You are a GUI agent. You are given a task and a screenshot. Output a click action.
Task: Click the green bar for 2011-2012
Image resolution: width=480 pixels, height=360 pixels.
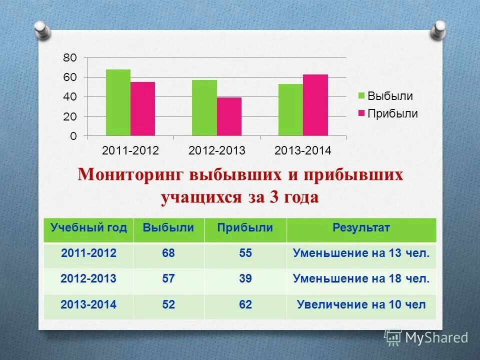(118, 102)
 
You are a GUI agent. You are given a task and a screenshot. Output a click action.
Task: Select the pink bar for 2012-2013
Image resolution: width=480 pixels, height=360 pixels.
(229, 116)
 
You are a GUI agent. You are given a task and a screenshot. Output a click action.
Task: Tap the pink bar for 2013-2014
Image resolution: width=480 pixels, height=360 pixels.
(315, 105)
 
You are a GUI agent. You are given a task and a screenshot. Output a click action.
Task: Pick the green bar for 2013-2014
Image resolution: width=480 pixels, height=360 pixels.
(290, 110)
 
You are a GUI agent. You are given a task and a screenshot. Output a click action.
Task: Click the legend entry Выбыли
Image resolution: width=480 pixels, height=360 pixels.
(385, 96)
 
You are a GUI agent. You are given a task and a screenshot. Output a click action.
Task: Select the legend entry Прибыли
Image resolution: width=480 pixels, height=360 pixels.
(387, 113)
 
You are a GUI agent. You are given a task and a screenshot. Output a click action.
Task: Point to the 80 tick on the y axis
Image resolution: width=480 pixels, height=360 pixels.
(70, 58)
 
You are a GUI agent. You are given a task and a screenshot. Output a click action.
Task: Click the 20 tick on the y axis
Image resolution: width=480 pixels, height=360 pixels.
(70, 116)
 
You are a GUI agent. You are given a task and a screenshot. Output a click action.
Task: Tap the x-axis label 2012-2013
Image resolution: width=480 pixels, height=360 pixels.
(217, 150)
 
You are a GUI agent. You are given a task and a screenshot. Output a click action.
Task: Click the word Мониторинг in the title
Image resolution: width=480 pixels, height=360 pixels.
(130, 176)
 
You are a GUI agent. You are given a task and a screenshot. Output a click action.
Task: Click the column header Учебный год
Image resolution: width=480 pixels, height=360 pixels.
(88, 228)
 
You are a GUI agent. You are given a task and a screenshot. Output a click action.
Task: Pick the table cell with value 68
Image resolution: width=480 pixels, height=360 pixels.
(168, 253)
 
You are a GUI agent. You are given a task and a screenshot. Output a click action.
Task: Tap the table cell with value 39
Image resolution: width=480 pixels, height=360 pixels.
(245, 279)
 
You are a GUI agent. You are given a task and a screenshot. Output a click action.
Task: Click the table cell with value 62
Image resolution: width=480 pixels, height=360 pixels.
(245, 304)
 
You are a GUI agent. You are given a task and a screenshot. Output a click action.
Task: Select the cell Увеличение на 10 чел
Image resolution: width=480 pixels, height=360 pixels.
(361, 304)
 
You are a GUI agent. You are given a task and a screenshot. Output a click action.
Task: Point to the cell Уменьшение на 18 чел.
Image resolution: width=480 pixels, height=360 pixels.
(361, 279)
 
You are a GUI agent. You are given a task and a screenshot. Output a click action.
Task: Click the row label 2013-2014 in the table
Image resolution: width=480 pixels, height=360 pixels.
(88, 304)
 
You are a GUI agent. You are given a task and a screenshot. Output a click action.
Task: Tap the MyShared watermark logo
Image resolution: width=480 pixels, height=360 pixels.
(425, 337)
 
